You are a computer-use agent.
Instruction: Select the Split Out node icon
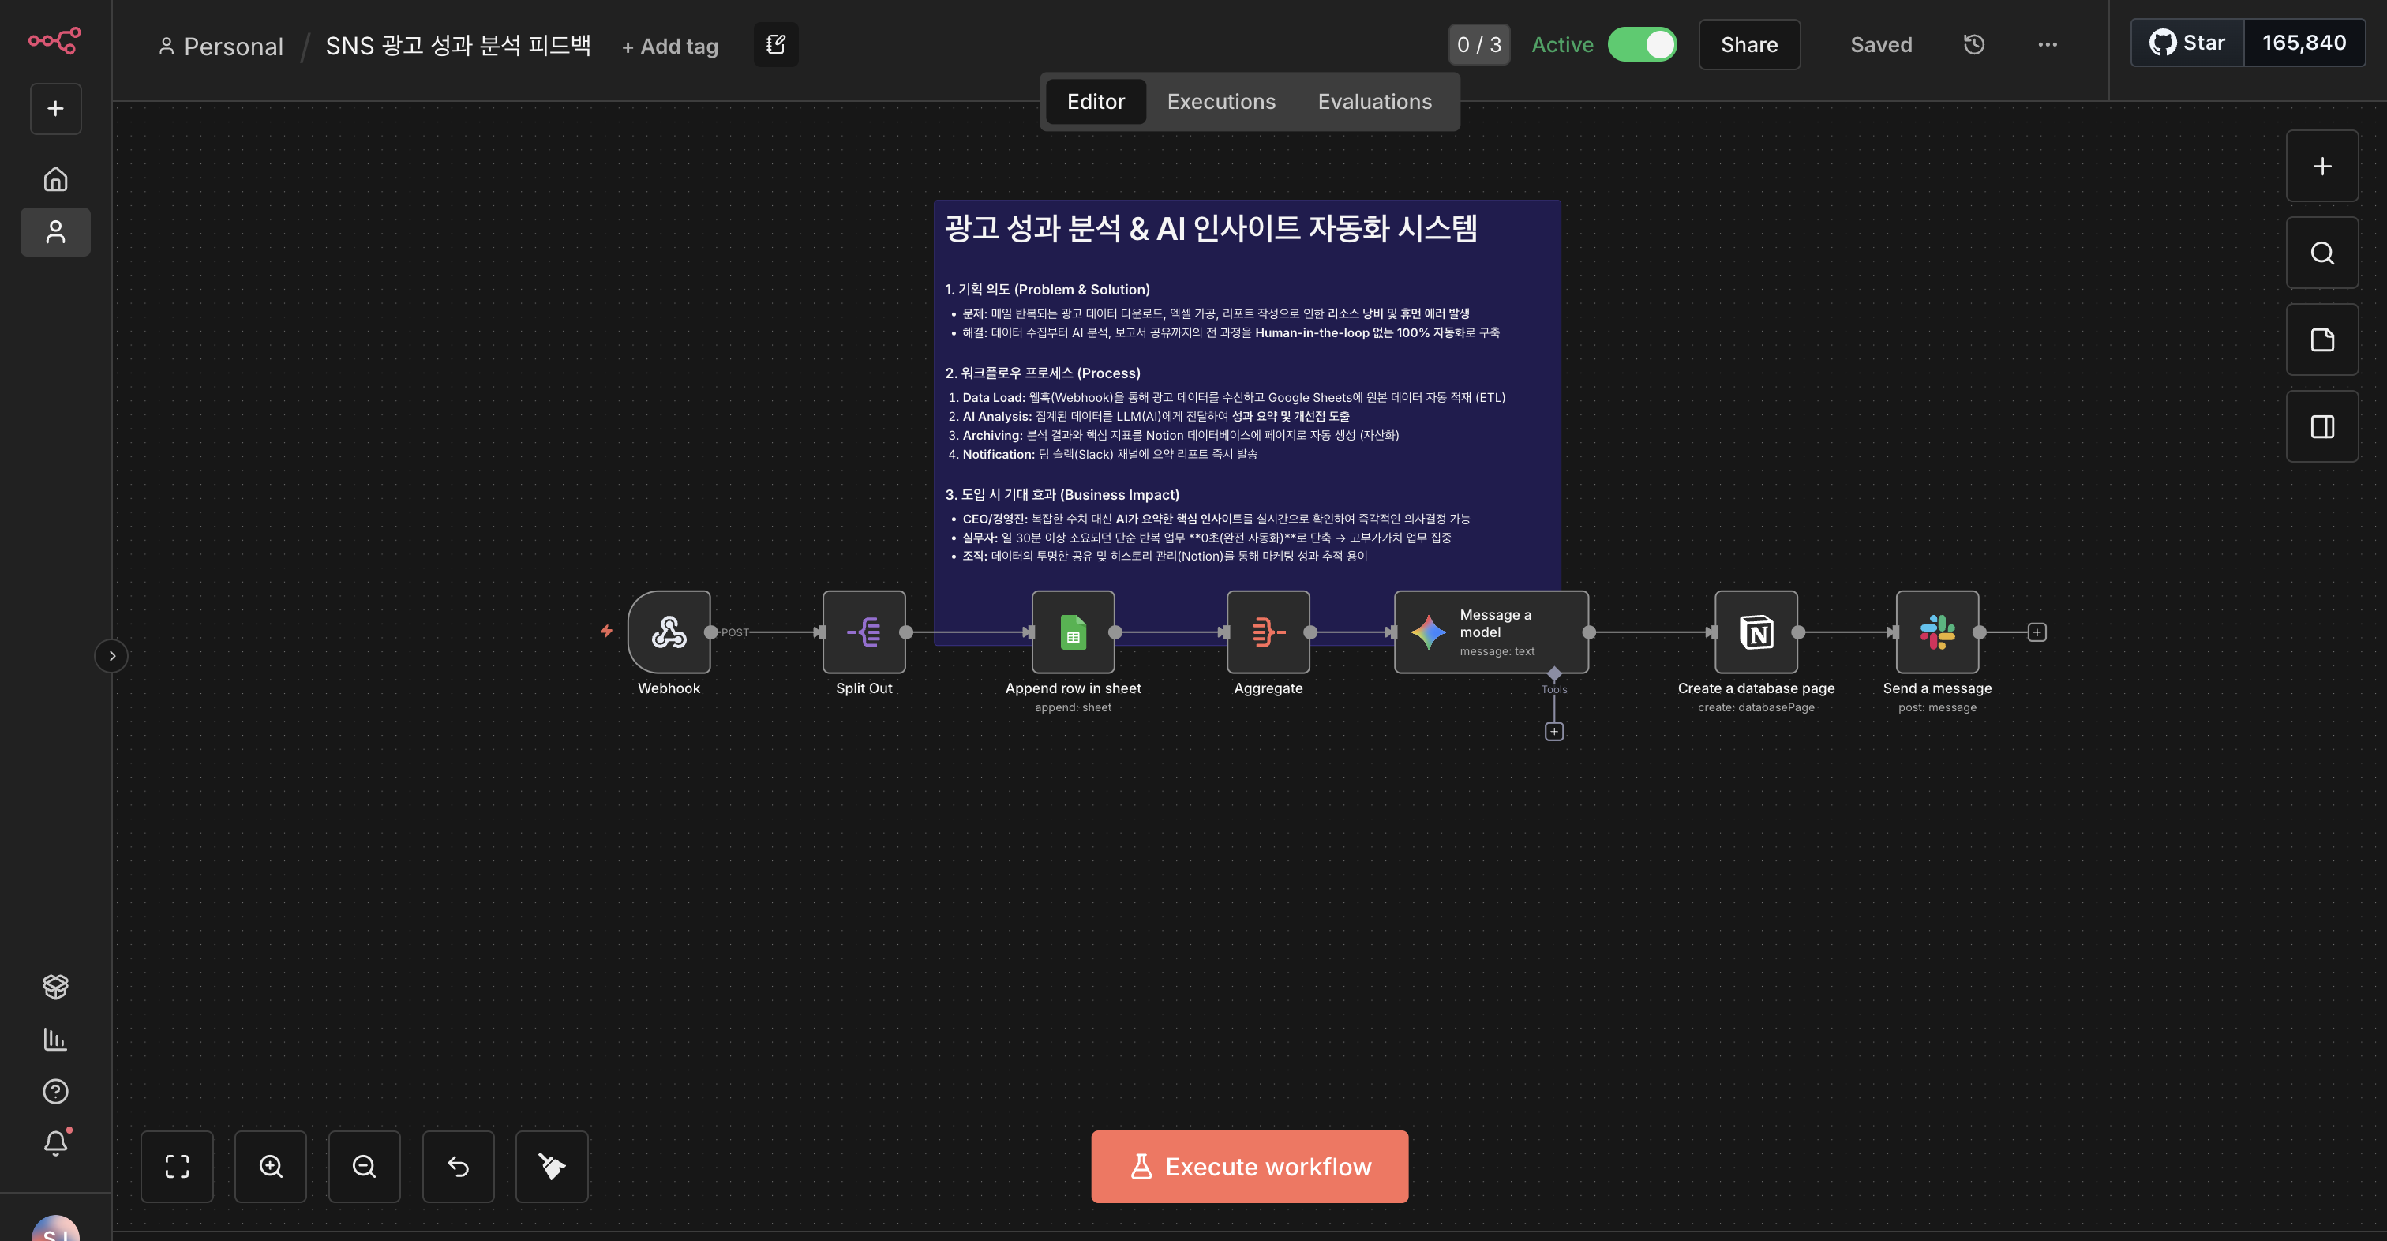point(864,632)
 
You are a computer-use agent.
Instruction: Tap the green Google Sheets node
point(1072,632)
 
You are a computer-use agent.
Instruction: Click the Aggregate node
point(1268,632)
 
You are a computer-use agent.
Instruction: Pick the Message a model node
point(1490,632)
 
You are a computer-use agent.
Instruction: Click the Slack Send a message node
point(1936,632)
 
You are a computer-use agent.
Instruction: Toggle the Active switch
point(1642,44)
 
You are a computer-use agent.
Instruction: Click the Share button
point(1748,44)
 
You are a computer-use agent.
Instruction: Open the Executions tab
point(1220,102)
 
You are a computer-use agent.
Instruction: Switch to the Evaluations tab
point(1374,102)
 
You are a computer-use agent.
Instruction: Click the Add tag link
point(670,47)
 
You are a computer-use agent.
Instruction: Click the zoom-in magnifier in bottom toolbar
point(271,1166)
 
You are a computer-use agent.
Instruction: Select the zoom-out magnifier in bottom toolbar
point(364,1166)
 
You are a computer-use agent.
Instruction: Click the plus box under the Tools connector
point(1554,732)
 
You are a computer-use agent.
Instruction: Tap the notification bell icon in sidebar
point(55,1143)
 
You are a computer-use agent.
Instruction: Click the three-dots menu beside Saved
point(2047,44)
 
